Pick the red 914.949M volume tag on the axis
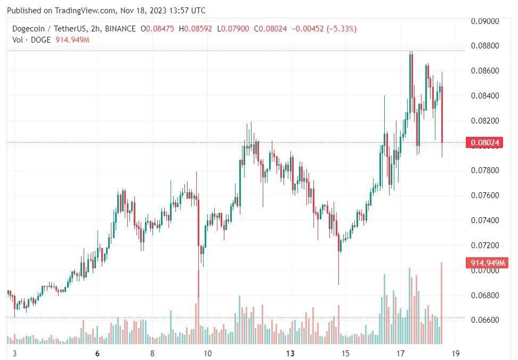(x=485, y=263)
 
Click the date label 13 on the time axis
(x=290, y=353)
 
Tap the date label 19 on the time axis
(x=455, y=353)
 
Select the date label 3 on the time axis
(x=14, y=353)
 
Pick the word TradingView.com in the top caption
(x=85, y=11)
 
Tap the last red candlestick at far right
(x=442, y=114)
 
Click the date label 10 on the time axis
(x=208, y=353)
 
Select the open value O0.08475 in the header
(x=160, y=29)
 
